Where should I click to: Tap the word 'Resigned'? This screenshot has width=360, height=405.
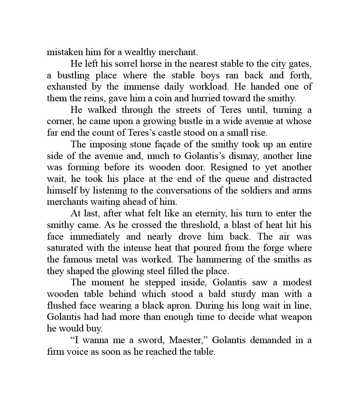(x=221, y=167)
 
